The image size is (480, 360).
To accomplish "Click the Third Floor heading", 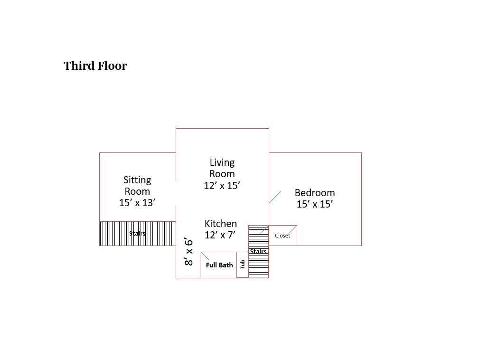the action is [95, 66].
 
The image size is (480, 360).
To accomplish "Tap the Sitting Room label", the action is [137, 186].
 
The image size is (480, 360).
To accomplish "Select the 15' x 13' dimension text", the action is [137, 203].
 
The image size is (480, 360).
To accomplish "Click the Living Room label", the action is [222, 168].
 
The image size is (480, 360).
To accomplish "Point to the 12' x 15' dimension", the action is [222, 186].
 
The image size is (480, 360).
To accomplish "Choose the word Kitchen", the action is [220, 224].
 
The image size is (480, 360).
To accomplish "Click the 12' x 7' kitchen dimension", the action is [220, 235].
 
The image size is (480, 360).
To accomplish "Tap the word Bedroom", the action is [315, 193].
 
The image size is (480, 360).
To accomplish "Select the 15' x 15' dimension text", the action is [315, 204].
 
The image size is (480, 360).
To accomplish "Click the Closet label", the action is [282, 236].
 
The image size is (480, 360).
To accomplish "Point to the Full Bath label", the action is [219, 265].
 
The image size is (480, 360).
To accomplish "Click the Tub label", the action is [243, 264].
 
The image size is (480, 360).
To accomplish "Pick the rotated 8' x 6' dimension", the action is [188, 252].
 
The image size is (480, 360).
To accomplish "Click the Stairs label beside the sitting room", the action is [137, 234].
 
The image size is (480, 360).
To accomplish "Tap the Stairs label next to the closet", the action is [258, 251].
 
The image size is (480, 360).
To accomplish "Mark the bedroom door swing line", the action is [275, 197].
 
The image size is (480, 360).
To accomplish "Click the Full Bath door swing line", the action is [205, 256].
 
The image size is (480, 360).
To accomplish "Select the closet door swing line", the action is [293, 229].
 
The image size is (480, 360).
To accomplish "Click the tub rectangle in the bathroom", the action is [243, 265].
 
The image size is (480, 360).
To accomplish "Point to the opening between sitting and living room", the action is [176, 193].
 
